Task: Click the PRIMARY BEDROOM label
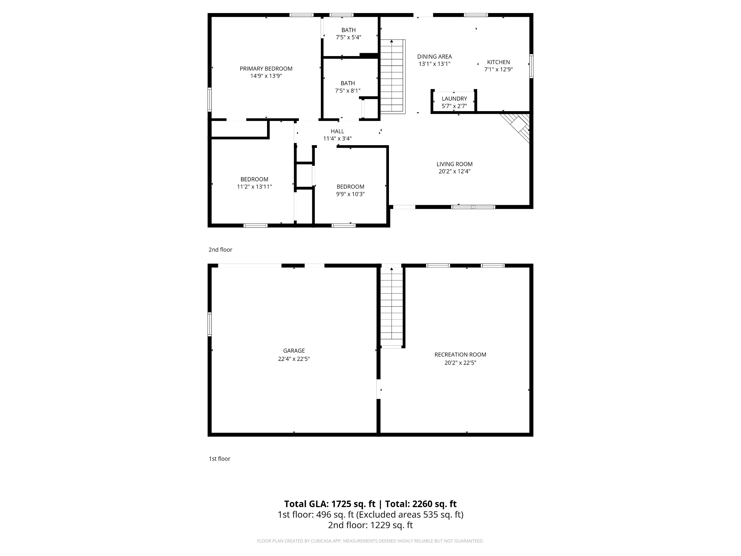266,68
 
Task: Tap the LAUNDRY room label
454,98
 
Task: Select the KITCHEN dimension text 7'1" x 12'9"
498,69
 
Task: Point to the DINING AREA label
434,56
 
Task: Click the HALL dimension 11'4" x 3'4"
337,139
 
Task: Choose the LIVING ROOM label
454,164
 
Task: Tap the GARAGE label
294,350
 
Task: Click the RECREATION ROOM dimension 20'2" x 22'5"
460,363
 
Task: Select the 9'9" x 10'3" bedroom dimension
350,194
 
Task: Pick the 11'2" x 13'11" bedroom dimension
254,187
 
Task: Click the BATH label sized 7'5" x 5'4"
348,30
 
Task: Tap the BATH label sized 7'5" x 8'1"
347,83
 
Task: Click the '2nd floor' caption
220,249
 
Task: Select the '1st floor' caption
219,459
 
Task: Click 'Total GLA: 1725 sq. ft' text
330,504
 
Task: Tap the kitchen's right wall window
531,66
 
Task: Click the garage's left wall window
209,324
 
